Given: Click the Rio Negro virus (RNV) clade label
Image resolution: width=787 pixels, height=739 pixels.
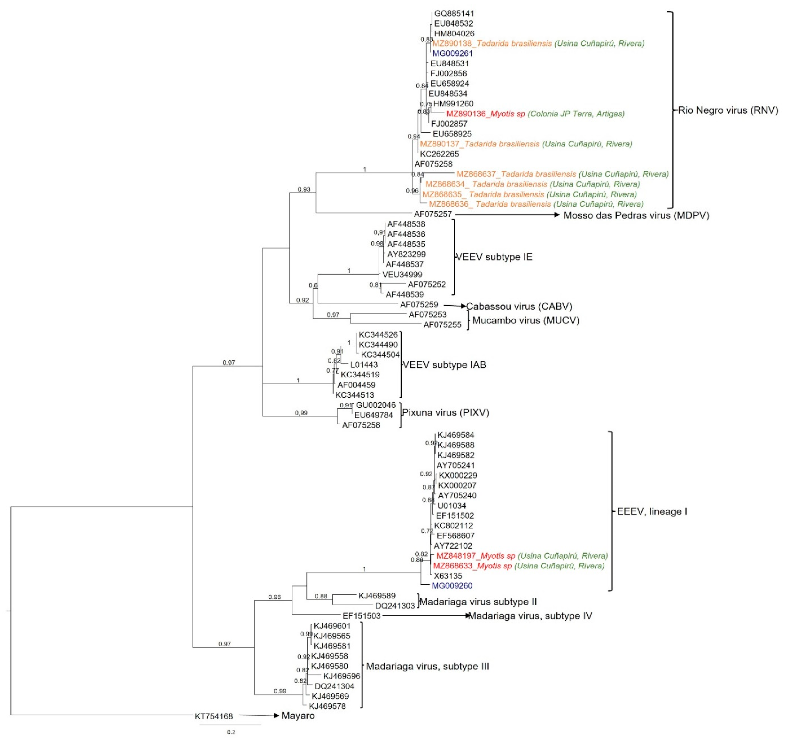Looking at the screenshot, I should pos(728,110).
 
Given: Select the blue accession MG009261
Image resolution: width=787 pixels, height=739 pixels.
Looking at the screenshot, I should pos(453,54).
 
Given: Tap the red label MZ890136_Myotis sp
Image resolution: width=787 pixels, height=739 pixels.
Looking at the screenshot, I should pos(486,114).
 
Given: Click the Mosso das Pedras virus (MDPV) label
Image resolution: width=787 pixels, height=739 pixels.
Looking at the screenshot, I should pos(636,215).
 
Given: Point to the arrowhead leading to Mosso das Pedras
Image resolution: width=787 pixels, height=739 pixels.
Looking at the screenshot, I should pos(557,215).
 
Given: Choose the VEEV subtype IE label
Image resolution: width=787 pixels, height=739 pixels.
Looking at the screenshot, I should pos(494,257).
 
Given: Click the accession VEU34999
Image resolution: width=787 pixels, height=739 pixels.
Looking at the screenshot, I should pos(402,274).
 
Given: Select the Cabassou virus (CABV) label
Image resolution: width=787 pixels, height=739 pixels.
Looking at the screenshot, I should pos(519,306).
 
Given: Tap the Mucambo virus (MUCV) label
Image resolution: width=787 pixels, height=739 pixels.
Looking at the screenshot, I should pos(526,320).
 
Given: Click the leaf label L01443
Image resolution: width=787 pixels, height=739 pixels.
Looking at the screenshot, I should pos(364,365).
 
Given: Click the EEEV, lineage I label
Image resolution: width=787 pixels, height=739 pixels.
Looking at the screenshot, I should pos(652,512).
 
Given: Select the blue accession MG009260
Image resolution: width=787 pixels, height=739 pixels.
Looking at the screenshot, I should pos(452,586).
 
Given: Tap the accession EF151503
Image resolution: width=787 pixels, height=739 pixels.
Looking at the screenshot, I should pos(361,616).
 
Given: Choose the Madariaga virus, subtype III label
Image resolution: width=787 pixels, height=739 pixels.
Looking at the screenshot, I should pos(428,666).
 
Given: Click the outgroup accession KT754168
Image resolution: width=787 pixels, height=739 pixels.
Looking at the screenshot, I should pos(214,716).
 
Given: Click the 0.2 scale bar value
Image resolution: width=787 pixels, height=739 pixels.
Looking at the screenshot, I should pos(231,732).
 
